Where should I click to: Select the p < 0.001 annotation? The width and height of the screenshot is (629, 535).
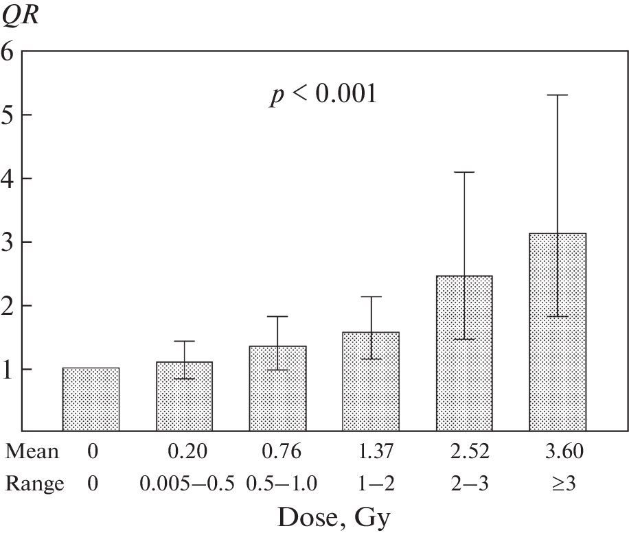tap(322, 95)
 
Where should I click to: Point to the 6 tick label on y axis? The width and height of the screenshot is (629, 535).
tap(8, 51)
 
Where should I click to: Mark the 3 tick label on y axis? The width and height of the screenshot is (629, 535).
tap(8, 242)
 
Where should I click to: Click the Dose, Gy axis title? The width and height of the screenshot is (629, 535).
tap(335, 516)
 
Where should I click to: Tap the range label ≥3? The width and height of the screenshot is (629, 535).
tap(557, 484)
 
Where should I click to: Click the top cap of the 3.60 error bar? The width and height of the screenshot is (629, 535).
tap(557, 95)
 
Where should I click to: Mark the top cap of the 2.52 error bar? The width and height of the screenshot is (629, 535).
tap(464, 171)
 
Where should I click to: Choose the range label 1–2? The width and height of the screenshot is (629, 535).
tap(371, 484)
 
